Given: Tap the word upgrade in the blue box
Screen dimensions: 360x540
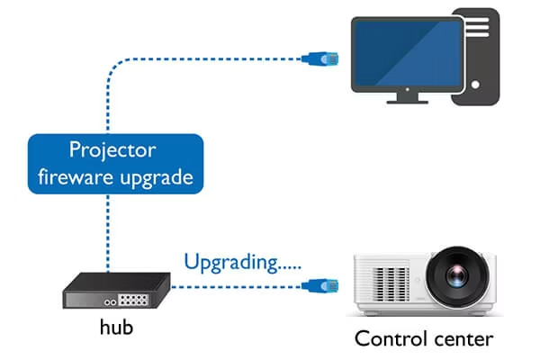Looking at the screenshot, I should coord(160,177).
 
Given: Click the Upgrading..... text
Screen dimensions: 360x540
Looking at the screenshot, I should coord(241,263).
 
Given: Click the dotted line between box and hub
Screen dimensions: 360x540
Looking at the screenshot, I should coord(108,232).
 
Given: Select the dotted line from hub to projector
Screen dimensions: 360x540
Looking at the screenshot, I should coord(234,288).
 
